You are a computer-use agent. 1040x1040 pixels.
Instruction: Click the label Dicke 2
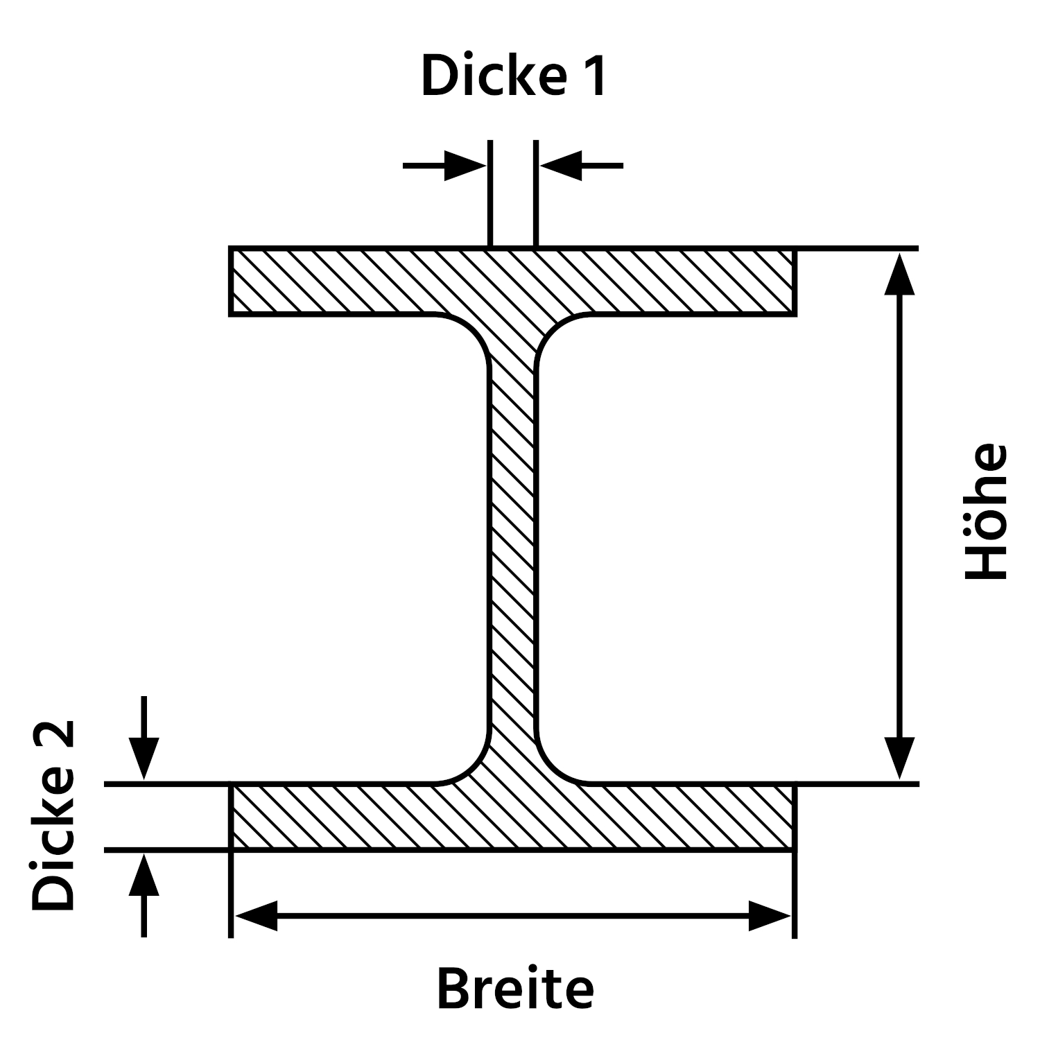tap(53, 815)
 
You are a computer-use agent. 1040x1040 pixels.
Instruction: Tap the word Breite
tap(515, 989)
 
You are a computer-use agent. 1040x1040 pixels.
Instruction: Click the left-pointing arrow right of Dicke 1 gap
tap(562, 166)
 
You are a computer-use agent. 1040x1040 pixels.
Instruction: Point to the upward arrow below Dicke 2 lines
tap(144, 875)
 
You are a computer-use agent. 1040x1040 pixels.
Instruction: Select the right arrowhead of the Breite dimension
tap(770, 916)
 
